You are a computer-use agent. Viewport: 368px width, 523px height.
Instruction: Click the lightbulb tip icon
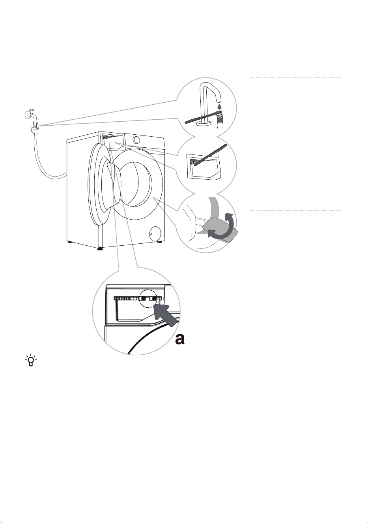[x=31, y=361]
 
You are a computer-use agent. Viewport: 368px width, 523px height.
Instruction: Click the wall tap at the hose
[x=30, y=115]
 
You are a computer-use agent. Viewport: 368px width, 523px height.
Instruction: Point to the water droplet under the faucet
[x=219, y=107]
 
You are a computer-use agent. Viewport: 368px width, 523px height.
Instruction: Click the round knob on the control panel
[x=136, y=140]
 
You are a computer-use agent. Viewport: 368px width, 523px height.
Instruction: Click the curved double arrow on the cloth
[x=221, y=226]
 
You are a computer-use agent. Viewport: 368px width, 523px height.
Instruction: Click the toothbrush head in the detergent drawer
[x=195, y=162]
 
